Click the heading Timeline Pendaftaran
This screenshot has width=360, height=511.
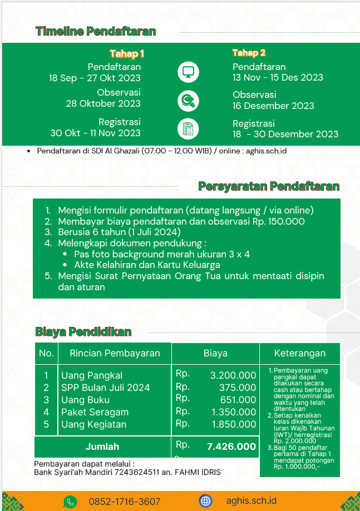[x=95, y=32]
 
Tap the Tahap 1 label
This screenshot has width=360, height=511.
[x=127, y=54]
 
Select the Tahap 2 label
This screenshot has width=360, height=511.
[x=249, y=53]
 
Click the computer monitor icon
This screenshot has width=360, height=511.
[x=188, y=72]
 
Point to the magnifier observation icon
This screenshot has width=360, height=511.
[x=188, y=101]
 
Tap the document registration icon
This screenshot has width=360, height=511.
[x=188, y=129]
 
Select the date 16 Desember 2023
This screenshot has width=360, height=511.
[x=273, y=106]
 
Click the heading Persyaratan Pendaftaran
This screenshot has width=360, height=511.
[x=269, y=186]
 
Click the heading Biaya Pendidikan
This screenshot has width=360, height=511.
[x=83, y=333]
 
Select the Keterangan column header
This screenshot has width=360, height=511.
[x=300, y=353]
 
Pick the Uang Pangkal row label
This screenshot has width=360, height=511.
[x=92, y=375]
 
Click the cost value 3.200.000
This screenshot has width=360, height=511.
[x=233, y=376]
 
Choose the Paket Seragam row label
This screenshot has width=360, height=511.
[x=95, y=413]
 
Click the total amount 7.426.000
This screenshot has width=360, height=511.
[x=231, y=446]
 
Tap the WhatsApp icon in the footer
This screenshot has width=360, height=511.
[x=70, y=502]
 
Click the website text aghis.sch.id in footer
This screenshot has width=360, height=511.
[x=251, y=501]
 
